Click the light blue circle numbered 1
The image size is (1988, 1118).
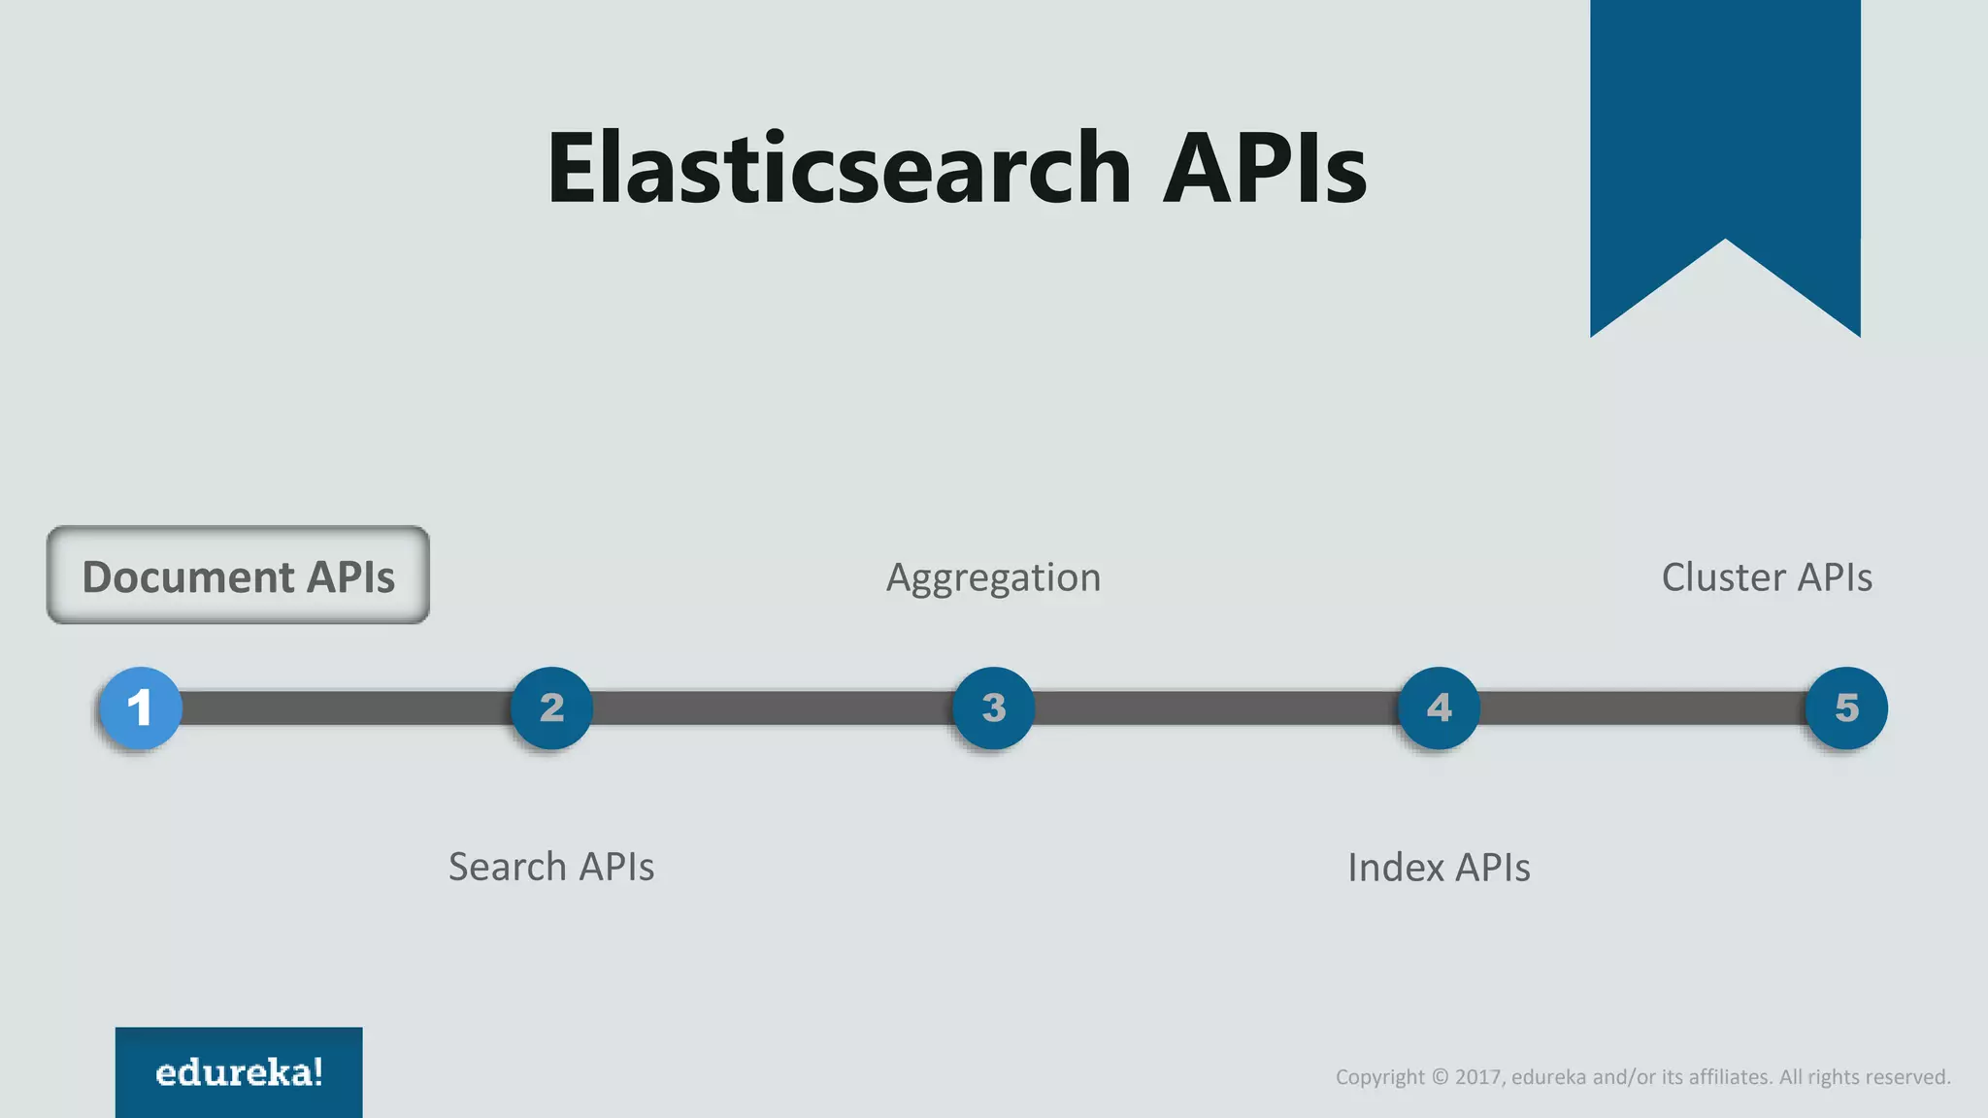click(x=141, y=707)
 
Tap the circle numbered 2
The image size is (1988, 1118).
click(x=551, y=707)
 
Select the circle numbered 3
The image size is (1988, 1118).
click(x=993, y=707)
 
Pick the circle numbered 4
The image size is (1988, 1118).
click(x=1439, y=707)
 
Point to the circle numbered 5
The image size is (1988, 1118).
click(x=1846, y=707)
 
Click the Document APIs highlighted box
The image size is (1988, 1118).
click(x=238, y=575)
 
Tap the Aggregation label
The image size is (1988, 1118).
click(x=993, y=577)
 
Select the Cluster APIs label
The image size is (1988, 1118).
click(x=1767, y=577)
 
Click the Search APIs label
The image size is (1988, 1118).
click(x=550, y=867)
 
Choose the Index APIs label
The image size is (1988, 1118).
click(x=1439, y=868)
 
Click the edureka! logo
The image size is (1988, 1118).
click(x=239, y=1072)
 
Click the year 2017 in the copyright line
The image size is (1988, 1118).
click(x=1478, y=1077)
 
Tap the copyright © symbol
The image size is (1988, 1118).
click(x=1441, y=1077)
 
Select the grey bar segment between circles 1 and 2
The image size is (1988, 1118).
click(x=346, y=707)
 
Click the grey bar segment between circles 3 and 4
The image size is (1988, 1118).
click(x=1215, y=707)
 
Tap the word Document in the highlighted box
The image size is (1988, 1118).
click(x=187, y=577)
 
